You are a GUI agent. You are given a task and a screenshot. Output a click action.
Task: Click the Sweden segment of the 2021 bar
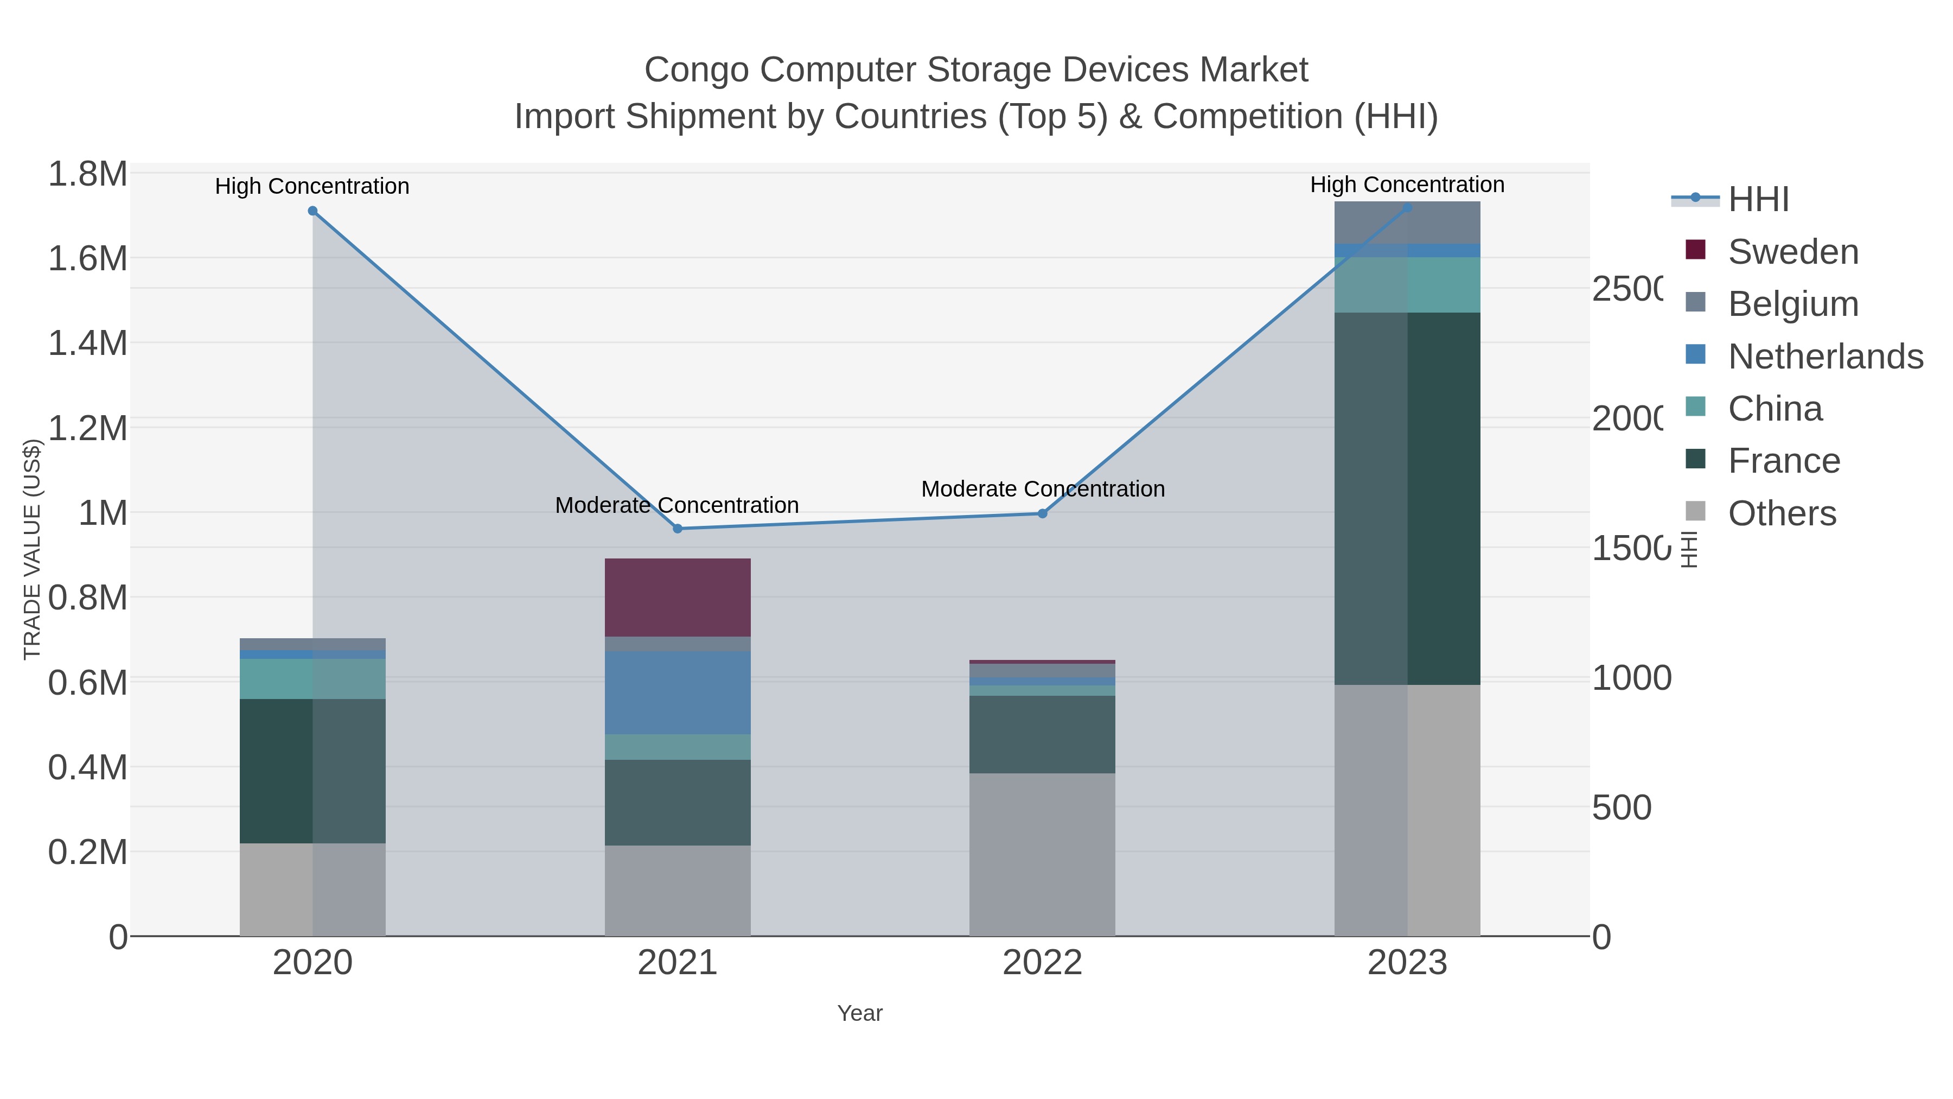[x=677, y=597]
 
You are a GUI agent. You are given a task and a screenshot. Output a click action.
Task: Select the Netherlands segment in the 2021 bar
[x=677, y=692]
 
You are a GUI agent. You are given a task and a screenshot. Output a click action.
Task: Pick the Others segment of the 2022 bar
[x=1042, y=854]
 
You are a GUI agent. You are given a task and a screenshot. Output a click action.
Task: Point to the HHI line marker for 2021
[x=678, y=529]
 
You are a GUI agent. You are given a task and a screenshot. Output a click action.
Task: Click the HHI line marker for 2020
[x=312, y=211]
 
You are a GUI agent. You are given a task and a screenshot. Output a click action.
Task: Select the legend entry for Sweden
[x=1792, y=252]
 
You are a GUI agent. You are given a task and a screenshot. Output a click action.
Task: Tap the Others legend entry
[x=1782, y=513]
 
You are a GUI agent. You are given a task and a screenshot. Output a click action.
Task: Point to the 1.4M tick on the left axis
[x=88, y=343]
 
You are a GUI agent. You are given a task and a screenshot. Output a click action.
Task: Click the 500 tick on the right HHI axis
[x=1622, y=808]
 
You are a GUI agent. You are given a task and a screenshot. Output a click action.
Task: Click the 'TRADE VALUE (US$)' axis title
[x=32, y=549]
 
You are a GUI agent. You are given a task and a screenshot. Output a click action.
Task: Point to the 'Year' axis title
[x=860, y=1013]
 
